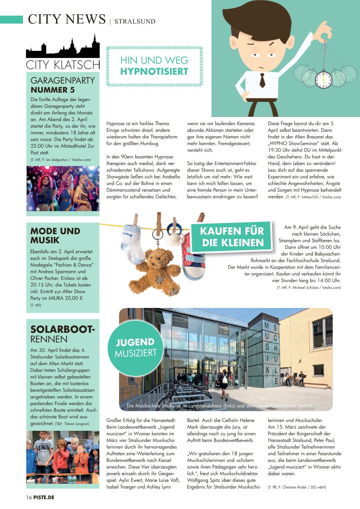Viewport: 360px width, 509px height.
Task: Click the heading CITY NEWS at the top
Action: pyautogui.click(x=67, y=19)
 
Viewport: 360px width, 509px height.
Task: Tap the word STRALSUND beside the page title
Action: pyautogui.click(x=135, y=21)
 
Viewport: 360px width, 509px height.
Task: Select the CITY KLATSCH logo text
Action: pyautogui.click(x=63, y=65)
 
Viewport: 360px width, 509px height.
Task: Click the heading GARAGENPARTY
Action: pyautogui.click(x=62, y=81)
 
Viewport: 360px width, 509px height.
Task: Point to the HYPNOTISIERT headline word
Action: pyautogui.click(x=154, y=72)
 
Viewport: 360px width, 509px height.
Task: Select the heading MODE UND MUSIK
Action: pyautogui.click(x=55, y=236)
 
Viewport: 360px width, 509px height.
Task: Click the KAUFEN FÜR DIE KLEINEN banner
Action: pyautogui.click(x=232, y=237)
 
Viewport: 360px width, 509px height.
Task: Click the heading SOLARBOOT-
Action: pyautogui.click(x=62, y=329)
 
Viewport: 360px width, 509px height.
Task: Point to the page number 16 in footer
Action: pyautogui.click(x=29, y=497)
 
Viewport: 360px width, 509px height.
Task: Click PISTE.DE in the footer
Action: pyautogui.click(x=44, y=497)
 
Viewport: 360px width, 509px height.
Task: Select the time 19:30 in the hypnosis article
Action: pyautogui.click(x=275, y=150)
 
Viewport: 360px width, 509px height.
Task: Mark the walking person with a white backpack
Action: pyautogui.click(x=224, y=381)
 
